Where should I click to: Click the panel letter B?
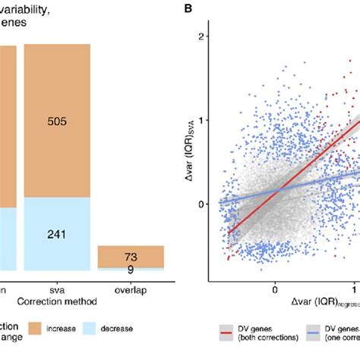[188, 10]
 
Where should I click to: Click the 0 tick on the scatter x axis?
[274, 289]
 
